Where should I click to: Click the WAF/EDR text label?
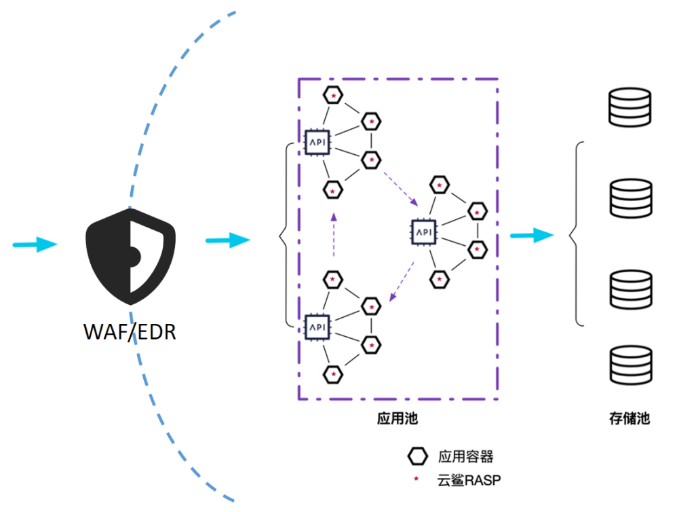click(130, 332)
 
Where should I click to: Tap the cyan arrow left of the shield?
click(35, 244)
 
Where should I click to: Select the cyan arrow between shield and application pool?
click(227, 239)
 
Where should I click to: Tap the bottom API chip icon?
click(317, 327)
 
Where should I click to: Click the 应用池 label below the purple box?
click(397, 418)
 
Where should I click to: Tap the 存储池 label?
click(629, 418)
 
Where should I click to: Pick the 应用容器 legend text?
click(465, 456)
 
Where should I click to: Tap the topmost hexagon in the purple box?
click(333, 95)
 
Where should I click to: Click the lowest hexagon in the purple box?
click(332, 373)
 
